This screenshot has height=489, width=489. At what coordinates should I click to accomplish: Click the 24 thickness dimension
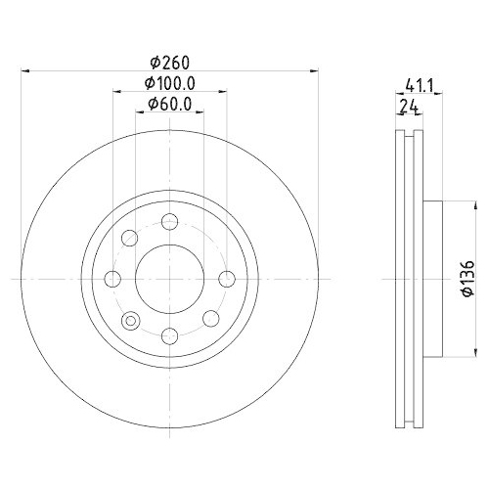pyautogui.click(x=408, y=108)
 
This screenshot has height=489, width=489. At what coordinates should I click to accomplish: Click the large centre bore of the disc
pyautogui.click(x=169, y=279)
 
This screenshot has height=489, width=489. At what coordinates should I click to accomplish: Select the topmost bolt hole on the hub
pyautogui.click(x=169, y=220)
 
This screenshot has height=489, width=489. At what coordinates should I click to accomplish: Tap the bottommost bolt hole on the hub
pyautogui.click(x=169, y=336)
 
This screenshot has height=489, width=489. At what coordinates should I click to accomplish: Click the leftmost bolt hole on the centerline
pyautogui.click(x=111, y=279)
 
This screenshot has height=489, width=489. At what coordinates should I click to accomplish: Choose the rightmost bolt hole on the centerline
pyautogui.click(x=227, y=279)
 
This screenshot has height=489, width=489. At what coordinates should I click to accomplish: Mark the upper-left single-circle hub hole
pyautogui.click(x=129, y=238)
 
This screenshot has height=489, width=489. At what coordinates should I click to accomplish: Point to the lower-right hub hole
pyautogui.click(x=209, y=319)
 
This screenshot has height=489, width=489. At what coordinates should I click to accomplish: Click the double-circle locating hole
pyautogui.click(x=129, y=319)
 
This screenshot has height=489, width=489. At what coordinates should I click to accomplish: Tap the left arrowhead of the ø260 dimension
pyautogui.click(x=25, y=70)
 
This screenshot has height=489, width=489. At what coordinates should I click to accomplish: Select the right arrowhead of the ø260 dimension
pyautogui.click(x=314, y=70)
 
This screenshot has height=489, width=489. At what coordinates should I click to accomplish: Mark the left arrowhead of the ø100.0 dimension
pyautogui.click(x=115, y=92)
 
